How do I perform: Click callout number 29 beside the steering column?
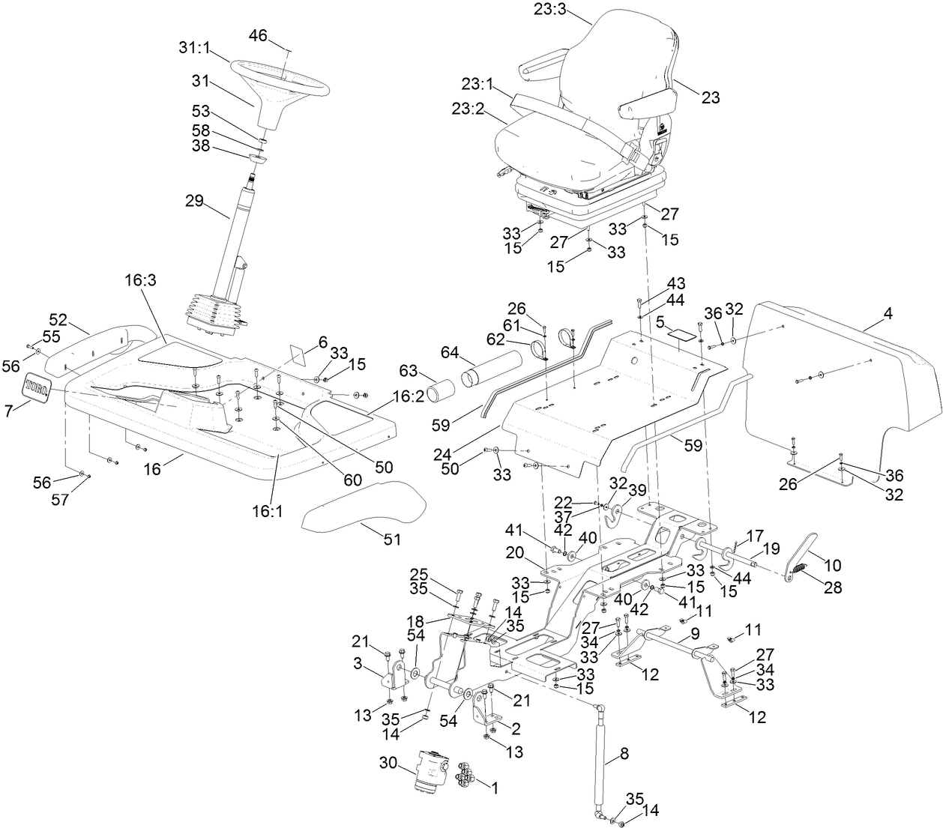pos(196,202)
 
